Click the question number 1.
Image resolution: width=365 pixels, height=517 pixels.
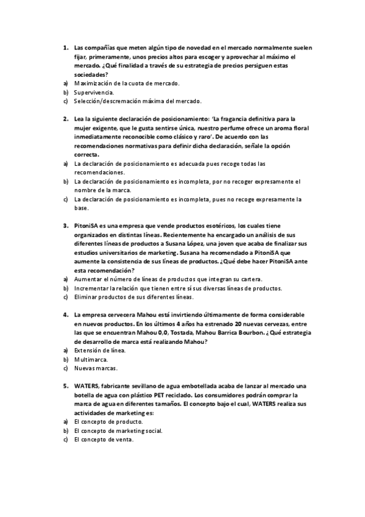coord(65,47)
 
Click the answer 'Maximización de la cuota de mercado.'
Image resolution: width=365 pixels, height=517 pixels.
coord(127,83)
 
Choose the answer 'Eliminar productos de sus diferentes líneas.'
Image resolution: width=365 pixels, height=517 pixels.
coord(133,298)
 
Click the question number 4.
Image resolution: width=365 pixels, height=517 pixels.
coord(65,315)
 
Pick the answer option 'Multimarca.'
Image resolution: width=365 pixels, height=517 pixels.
coord(91,360)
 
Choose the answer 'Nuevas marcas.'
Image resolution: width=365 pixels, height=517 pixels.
coord(96,369)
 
